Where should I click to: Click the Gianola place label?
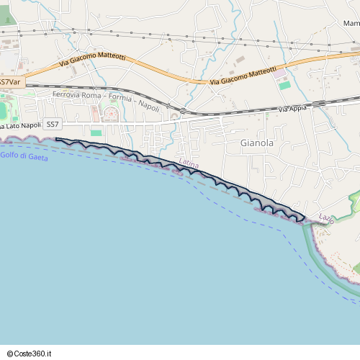[x=256, y=143]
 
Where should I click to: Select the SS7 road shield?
[x=53, y=125]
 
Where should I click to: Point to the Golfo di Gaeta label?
[x=24, y=156]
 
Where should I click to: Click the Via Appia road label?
[x=292, y=109]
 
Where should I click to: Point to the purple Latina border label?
[x=189, y=166]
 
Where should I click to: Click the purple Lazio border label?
[x=326, y=217]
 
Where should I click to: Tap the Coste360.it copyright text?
[x=30, y=353]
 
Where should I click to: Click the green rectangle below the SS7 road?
[x=96, y=132]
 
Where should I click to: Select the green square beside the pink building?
[x=285, y=85]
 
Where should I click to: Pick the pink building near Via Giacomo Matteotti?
[x=279, y=73]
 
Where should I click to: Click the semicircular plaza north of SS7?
[x=111, y=114]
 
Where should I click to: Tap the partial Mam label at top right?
[x=351, y=24]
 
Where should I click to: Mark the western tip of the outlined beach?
[x=57, y=139]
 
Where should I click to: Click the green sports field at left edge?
[x=2, y=110]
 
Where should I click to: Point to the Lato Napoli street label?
[x=22, y=125]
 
